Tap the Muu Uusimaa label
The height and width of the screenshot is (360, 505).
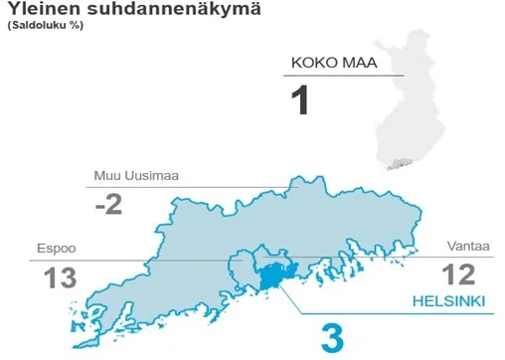(136, 176)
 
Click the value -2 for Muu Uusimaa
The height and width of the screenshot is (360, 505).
(110, 205)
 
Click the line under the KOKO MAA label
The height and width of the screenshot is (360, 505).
(344, 77)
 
